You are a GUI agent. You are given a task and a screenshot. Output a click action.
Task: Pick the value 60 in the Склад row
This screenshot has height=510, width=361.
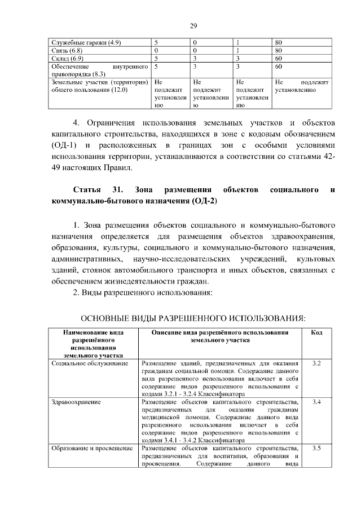[278, 58]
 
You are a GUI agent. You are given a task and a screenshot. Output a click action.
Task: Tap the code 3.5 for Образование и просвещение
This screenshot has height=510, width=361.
[316, 449]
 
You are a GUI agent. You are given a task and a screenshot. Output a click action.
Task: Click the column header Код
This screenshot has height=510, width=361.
[316, 333]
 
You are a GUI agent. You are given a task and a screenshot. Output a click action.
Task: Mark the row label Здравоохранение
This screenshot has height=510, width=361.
[76, 403]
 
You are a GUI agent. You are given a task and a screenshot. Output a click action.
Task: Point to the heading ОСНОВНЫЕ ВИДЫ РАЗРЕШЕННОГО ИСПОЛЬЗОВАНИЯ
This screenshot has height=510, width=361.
[192, 318]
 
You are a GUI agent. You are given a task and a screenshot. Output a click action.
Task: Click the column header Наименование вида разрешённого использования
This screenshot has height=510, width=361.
[94, 344]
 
